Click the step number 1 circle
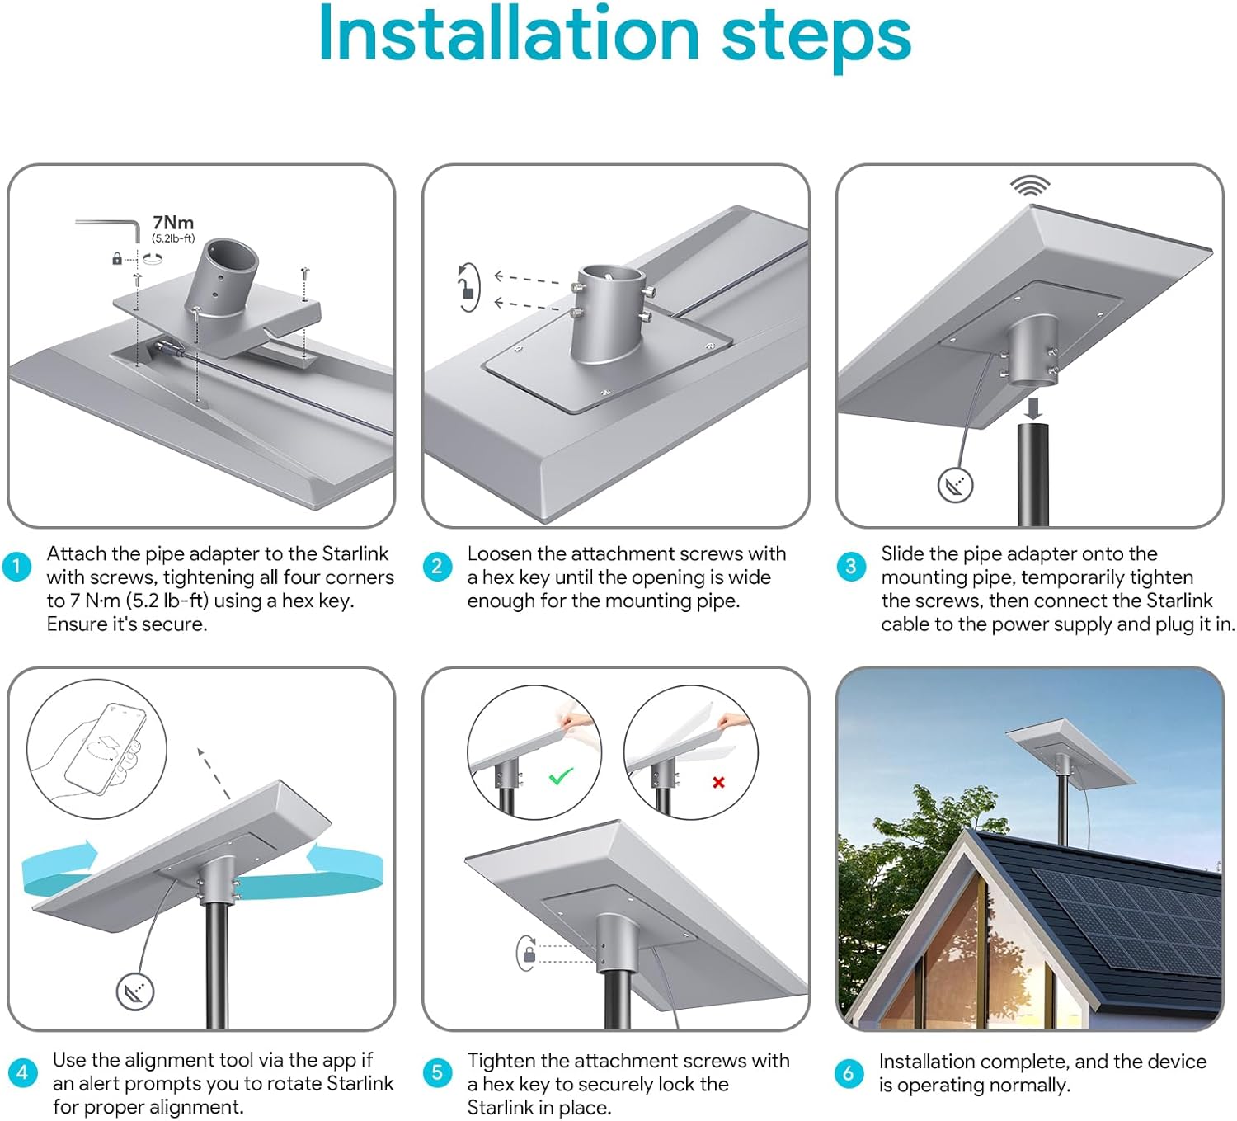[16, 567]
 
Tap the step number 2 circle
[437, 567]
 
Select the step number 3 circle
[851, 567]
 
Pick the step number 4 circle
[22, 1072]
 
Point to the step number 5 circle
[437, 1072]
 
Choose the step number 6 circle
[849, 1073]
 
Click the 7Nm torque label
[173, 223]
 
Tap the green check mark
[561, 776]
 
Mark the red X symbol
[718, 782]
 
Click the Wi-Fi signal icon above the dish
[1030, 186]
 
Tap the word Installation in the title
[509, 35]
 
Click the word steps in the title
[816, 40]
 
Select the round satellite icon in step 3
[955, 485]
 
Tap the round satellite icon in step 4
[135, 992]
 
